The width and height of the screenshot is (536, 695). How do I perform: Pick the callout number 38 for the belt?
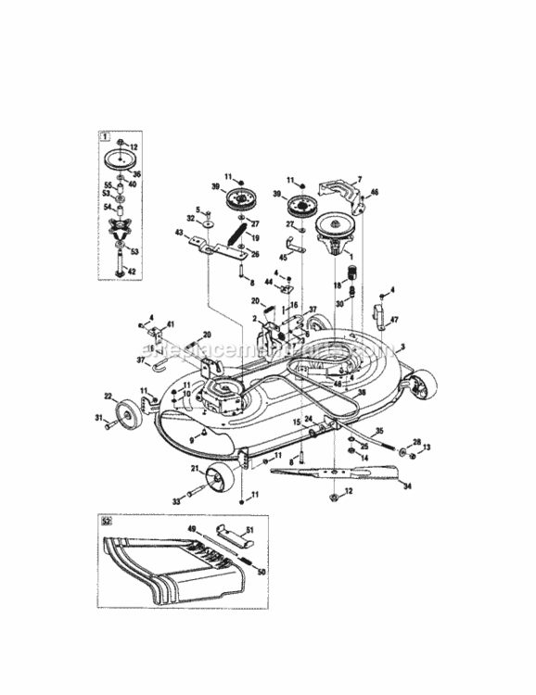point(362,393)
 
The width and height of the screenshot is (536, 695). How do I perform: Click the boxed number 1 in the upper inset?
point(101,134)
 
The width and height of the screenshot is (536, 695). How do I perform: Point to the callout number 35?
point(378,431)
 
